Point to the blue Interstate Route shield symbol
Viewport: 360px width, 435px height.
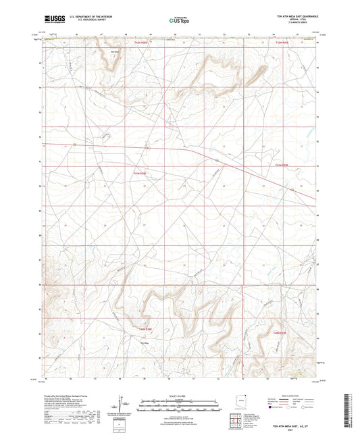pyautogui.click(x=271, y=408)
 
